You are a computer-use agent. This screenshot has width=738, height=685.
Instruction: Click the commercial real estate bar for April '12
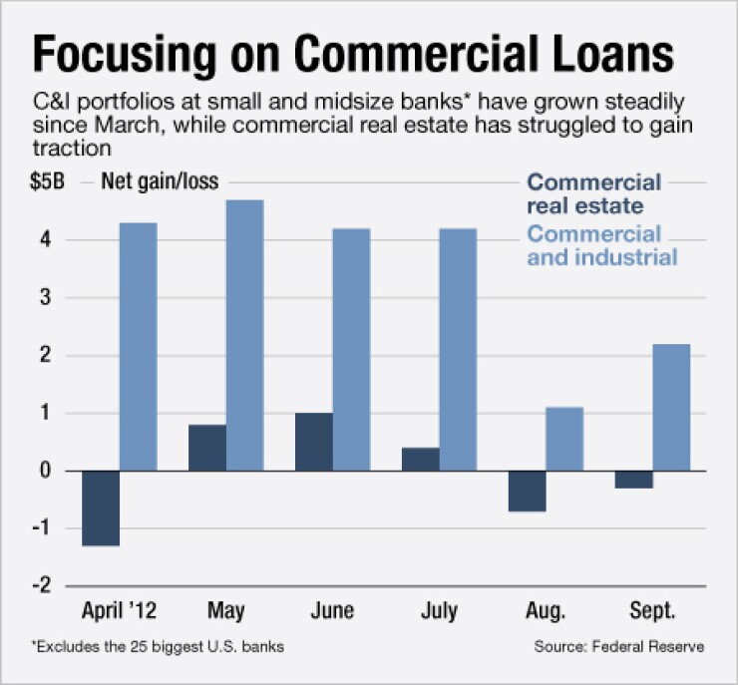(x=101, y=509)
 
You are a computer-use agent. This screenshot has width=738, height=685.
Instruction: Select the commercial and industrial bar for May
(x=244, y=335)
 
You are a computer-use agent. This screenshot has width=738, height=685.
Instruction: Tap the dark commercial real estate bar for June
(x=315, y=442)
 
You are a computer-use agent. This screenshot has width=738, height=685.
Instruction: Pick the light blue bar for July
(x=458, y=349)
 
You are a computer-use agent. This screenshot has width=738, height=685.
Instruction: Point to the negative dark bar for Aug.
(x=528, y=491)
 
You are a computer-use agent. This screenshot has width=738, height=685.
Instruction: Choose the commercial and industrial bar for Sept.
(x=671, y=407)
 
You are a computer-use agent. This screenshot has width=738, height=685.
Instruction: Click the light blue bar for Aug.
(x=564, y=439)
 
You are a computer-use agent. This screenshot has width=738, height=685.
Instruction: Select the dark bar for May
(x=207, y=448)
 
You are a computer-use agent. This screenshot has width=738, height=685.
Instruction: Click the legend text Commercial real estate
(x=593, y=194)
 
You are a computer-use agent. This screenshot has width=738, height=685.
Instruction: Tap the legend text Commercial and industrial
(x=601, y=245)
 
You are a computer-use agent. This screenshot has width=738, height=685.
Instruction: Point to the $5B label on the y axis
(x=50, y=182)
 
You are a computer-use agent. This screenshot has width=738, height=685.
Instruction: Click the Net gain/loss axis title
(x=160, y=182)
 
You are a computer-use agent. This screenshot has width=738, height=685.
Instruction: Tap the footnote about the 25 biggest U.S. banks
(x=157, y=647)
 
